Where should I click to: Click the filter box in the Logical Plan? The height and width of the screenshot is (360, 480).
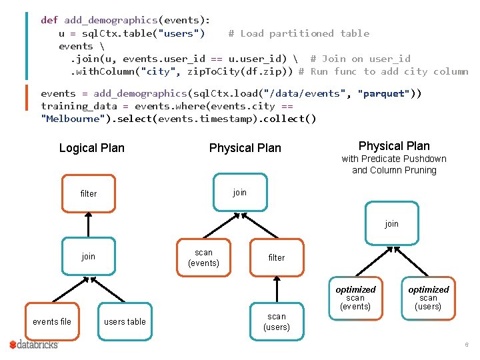tap(88, 193)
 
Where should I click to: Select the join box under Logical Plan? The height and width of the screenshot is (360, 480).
tap(88, 257)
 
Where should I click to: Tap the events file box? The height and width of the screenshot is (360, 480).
tap(51, 321)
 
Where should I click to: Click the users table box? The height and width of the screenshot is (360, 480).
tap(125, 321)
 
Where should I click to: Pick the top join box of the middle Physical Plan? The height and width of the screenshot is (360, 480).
tap(240, 193)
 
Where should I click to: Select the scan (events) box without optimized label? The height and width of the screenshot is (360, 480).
tap(203, 257)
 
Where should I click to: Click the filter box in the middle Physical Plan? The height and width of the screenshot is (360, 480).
tap(276, 257)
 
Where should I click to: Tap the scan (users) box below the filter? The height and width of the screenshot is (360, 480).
tap(276, 321)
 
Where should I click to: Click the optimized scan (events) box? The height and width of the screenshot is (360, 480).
tap(355, 297)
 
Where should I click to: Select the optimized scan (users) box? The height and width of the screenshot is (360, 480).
tap(428, 297)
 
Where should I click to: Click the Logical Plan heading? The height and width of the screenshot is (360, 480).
tap(92, 148)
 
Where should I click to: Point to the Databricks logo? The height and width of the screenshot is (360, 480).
tap(34, 345)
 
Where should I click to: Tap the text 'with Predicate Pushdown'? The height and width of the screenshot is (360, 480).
tap(394, 159)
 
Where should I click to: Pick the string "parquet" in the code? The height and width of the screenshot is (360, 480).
tap(385, 93)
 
